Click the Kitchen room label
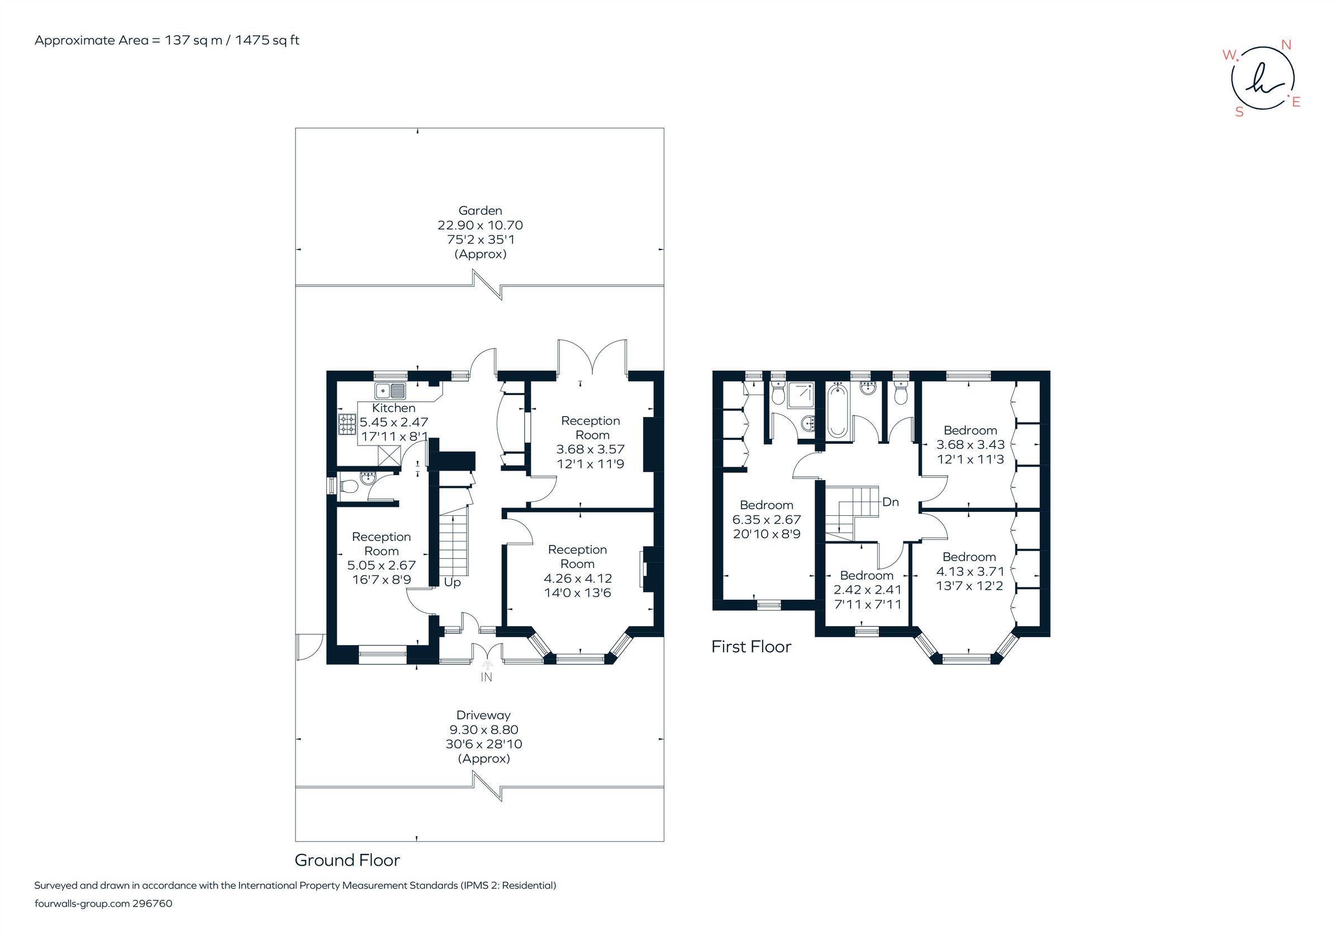click(394, 408)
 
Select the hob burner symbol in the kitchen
click(348, 425)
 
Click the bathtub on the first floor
click(838, 410)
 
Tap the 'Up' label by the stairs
click(452, 582)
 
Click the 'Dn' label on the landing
click(890, 502)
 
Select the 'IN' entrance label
click(486, 677)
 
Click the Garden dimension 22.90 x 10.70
click(480, 225)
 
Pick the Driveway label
click(483, 715)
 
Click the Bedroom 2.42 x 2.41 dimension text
click(867, 590)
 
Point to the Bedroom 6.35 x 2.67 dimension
click(766, 519)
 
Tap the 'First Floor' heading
click(751, 647)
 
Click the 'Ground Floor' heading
click(347, 860)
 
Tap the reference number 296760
click(153, 904)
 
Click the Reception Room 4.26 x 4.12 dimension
click(578, 578)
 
